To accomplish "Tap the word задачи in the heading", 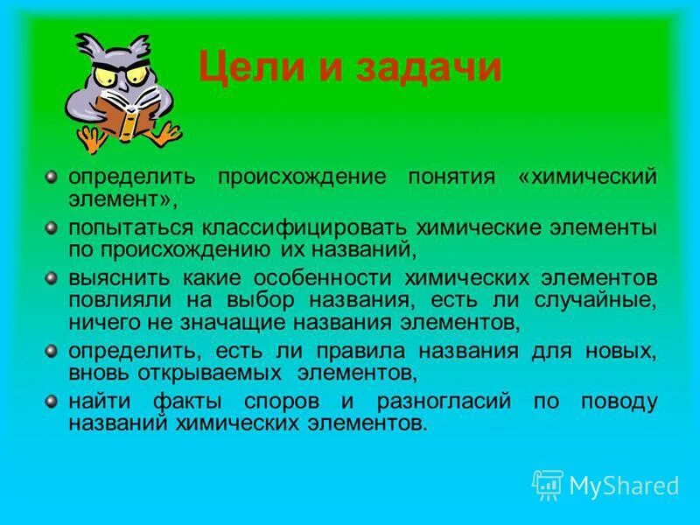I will (x=428, y=67).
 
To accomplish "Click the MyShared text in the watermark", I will (x=624, y=485).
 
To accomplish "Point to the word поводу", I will (x=619, y=402).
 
